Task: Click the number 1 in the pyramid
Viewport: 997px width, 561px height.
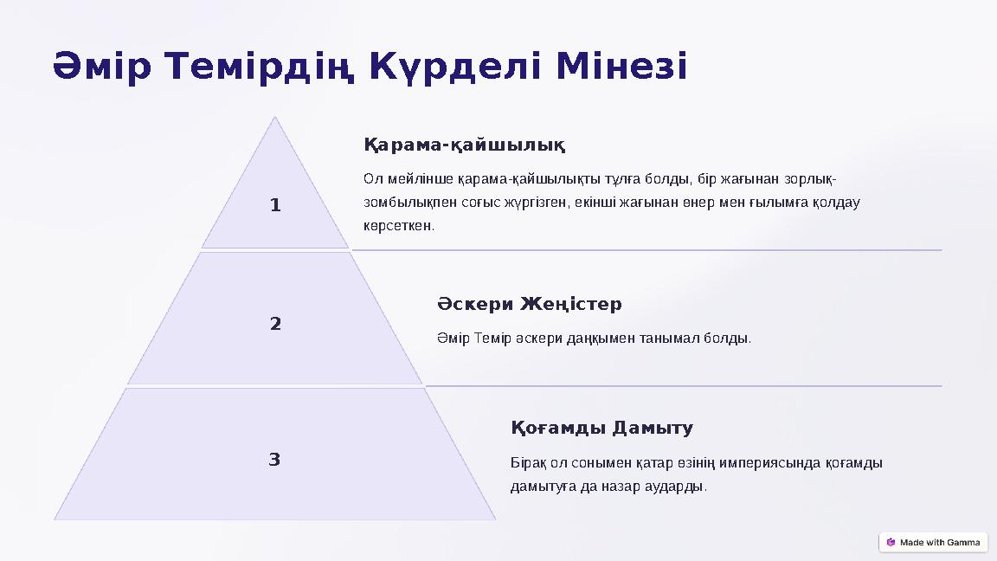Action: coord(275,206)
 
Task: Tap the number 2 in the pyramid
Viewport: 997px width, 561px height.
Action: coord(275,325)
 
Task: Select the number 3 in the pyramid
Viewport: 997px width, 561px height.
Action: coord(274,460)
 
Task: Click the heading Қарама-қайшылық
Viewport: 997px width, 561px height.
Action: coord(464,144)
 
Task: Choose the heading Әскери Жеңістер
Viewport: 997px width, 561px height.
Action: coord(530,305)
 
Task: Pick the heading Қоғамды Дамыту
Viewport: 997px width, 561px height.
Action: coord(602,429)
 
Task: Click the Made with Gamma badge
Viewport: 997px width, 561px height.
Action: coord(933,543)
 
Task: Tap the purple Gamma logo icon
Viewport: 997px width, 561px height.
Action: coord(891,543)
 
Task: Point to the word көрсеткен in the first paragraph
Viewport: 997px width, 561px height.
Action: coord(398,226)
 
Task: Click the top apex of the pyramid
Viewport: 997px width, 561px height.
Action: coord(275,119)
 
